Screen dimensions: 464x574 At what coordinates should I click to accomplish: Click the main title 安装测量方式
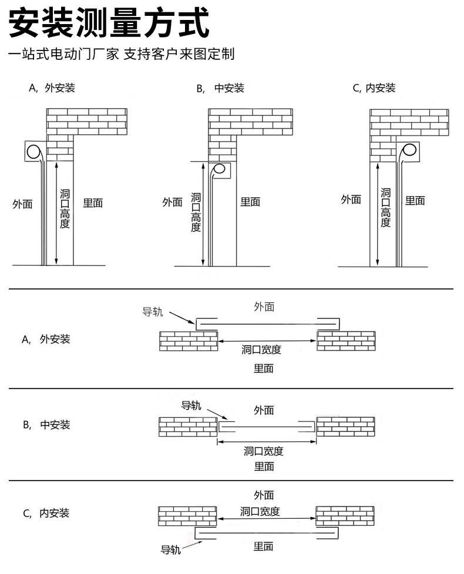(x=109, y=23)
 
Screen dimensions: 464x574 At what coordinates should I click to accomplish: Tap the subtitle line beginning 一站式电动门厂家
(x=121, y=54)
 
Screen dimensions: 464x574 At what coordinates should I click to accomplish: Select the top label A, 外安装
(x=52, y=88)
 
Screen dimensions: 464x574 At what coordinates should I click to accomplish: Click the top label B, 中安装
(x=220, y=88)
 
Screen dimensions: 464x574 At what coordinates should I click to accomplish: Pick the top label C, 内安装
(x=374, y=88)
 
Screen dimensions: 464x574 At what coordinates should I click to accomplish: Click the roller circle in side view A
(x=33, y=151)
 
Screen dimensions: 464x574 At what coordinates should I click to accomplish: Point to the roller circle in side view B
(x=219, y=169)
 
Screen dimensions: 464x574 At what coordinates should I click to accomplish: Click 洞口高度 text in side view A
(x=65, y=209)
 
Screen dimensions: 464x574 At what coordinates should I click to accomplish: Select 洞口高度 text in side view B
(x=196, y=212)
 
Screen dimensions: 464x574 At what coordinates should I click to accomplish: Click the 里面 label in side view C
(x=415, y=201)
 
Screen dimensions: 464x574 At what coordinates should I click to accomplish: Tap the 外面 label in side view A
(x=23, y=204)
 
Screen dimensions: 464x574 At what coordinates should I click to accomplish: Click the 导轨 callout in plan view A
(x=153, y=312)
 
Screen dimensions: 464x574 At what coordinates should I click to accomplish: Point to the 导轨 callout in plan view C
(x=171, y=549)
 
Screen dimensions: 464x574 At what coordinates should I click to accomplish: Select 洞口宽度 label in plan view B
(x=264, y=451)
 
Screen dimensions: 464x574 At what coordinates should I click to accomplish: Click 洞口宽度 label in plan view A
(x=261, y=350)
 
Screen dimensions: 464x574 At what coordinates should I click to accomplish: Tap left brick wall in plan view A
(x=189, y=341)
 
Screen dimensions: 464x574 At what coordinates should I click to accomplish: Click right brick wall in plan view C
(x=345, y=516)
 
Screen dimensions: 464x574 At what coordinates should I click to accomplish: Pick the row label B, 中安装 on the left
(x=46, y=425)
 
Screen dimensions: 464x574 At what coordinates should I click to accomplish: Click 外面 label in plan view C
(x=264, y=495)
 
